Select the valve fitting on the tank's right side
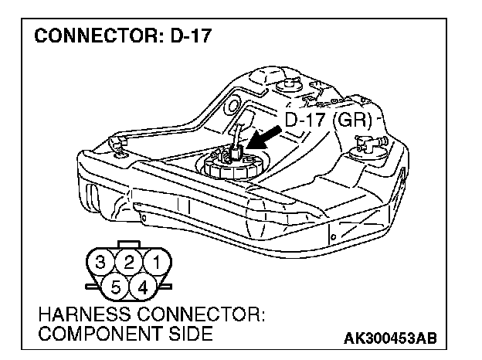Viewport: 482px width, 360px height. [x=365, y=142]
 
